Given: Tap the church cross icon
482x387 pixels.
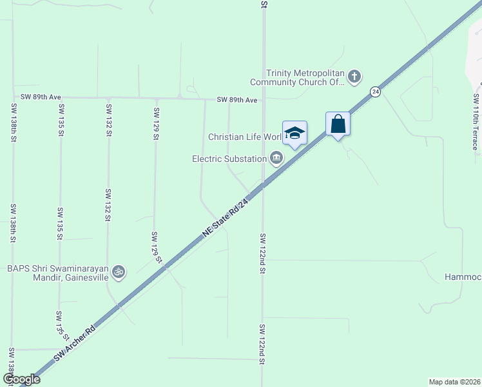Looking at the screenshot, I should point(354,77).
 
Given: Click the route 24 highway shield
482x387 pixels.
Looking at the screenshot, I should point(375,92).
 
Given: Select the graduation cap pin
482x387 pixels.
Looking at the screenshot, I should point(294,133).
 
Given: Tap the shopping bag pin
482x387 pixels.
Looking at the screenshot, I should point(338,123).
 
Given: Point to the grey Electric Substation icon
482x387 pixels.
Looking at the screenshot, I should point(276,158).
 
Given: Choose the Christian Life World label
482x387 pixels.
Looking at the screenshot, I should point(245,137).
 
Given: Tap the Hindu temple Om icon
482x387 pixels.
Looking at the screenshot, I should point(117,272).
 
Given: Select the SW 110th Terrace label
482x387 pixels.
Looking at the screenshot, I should point(476,122).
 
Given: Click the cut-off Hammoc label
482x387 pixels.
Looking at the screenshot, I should point(463,277).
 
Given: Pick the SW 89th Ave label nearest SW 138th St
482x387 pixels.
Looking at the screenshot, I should point(41,97).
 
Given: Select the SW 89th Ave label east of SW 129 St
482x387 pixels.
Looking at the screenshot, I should point(236,100).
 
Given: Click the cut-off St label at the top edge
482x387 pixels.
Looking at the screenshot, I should point(264,4).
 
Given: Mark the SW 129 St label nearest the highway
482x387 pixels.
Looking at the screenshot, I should point(156,248).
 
